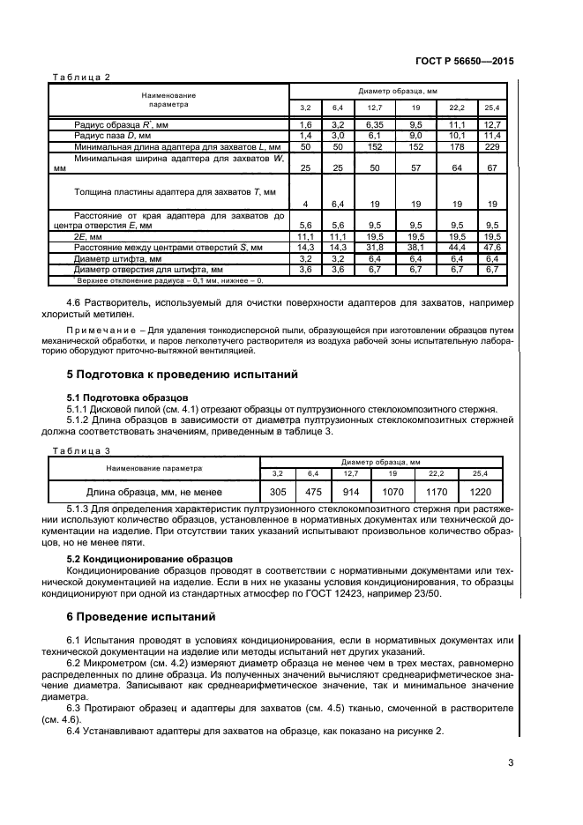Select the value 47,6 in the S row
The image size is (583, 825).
coord(492,249)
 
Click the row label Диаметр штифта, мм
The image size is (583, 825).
coord(118,259)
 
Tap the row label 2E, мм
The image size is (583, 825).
coord(89,238)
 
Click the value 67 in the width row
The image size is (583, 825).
coord(492,167)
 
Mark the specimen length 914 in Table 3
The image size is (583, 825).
coord(363,491)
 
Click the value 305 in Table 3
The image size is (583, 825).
coord(278,491)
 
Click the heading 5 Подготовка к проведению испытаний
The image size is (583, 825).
coord(184,375)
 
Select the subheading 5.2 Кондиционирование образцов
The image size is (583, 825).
coord(150,559)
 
